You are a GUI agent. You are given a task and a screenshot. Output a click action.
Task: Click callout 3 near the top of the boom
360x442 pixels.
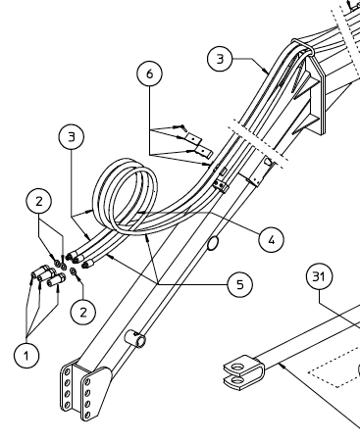(221, 59)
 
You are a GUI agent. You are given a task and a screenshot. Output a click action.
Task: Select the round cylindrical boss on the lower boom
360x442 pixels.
(137, 341)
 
